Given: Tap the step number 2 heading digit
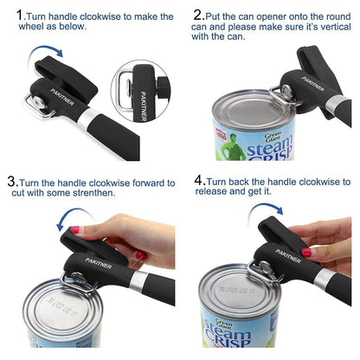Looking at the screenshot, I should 199,15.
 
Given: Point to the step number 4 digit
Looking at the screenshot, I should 199,182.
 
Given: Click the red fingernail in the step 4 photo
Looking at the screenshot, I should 306,252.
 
